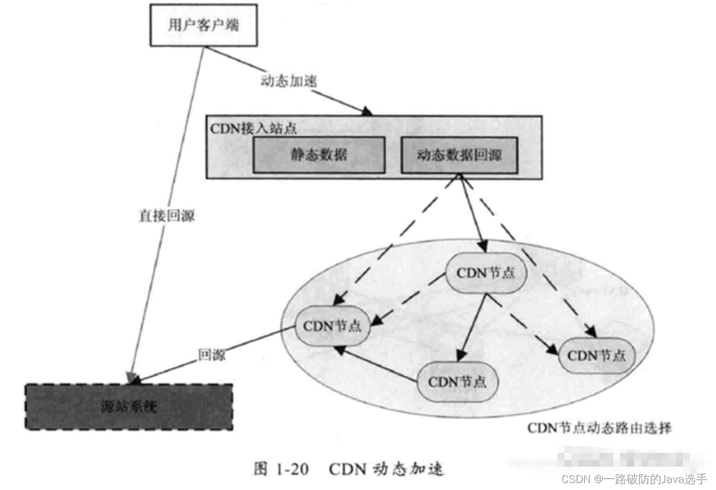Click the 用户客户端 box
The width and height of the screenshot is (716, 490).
click(203, 26)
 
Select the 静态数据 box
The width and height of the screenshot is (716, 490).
click(319, 155)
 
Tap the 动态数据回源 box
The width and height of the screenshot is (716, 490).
click(459, 155)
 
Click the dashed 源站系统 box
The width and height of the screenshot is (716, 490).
click(128, 406)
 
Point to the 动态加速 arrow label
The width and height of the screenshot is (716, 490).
click(288, 81)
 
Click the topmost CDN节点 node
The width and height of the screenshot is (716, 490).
click(485, 273)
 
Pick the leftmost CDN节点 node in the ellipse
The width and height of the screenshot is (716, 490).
click(332, 326)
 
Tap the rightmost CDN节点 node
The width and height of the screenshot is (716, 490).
click(596, 355)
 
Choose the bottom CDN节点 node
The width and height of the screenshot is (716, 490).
click(456, 381)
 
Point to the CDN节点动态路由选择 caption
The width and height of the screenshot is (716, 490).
click(599, 428)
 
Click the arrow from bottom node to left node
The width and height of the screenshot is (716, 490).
click(377, 365)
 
